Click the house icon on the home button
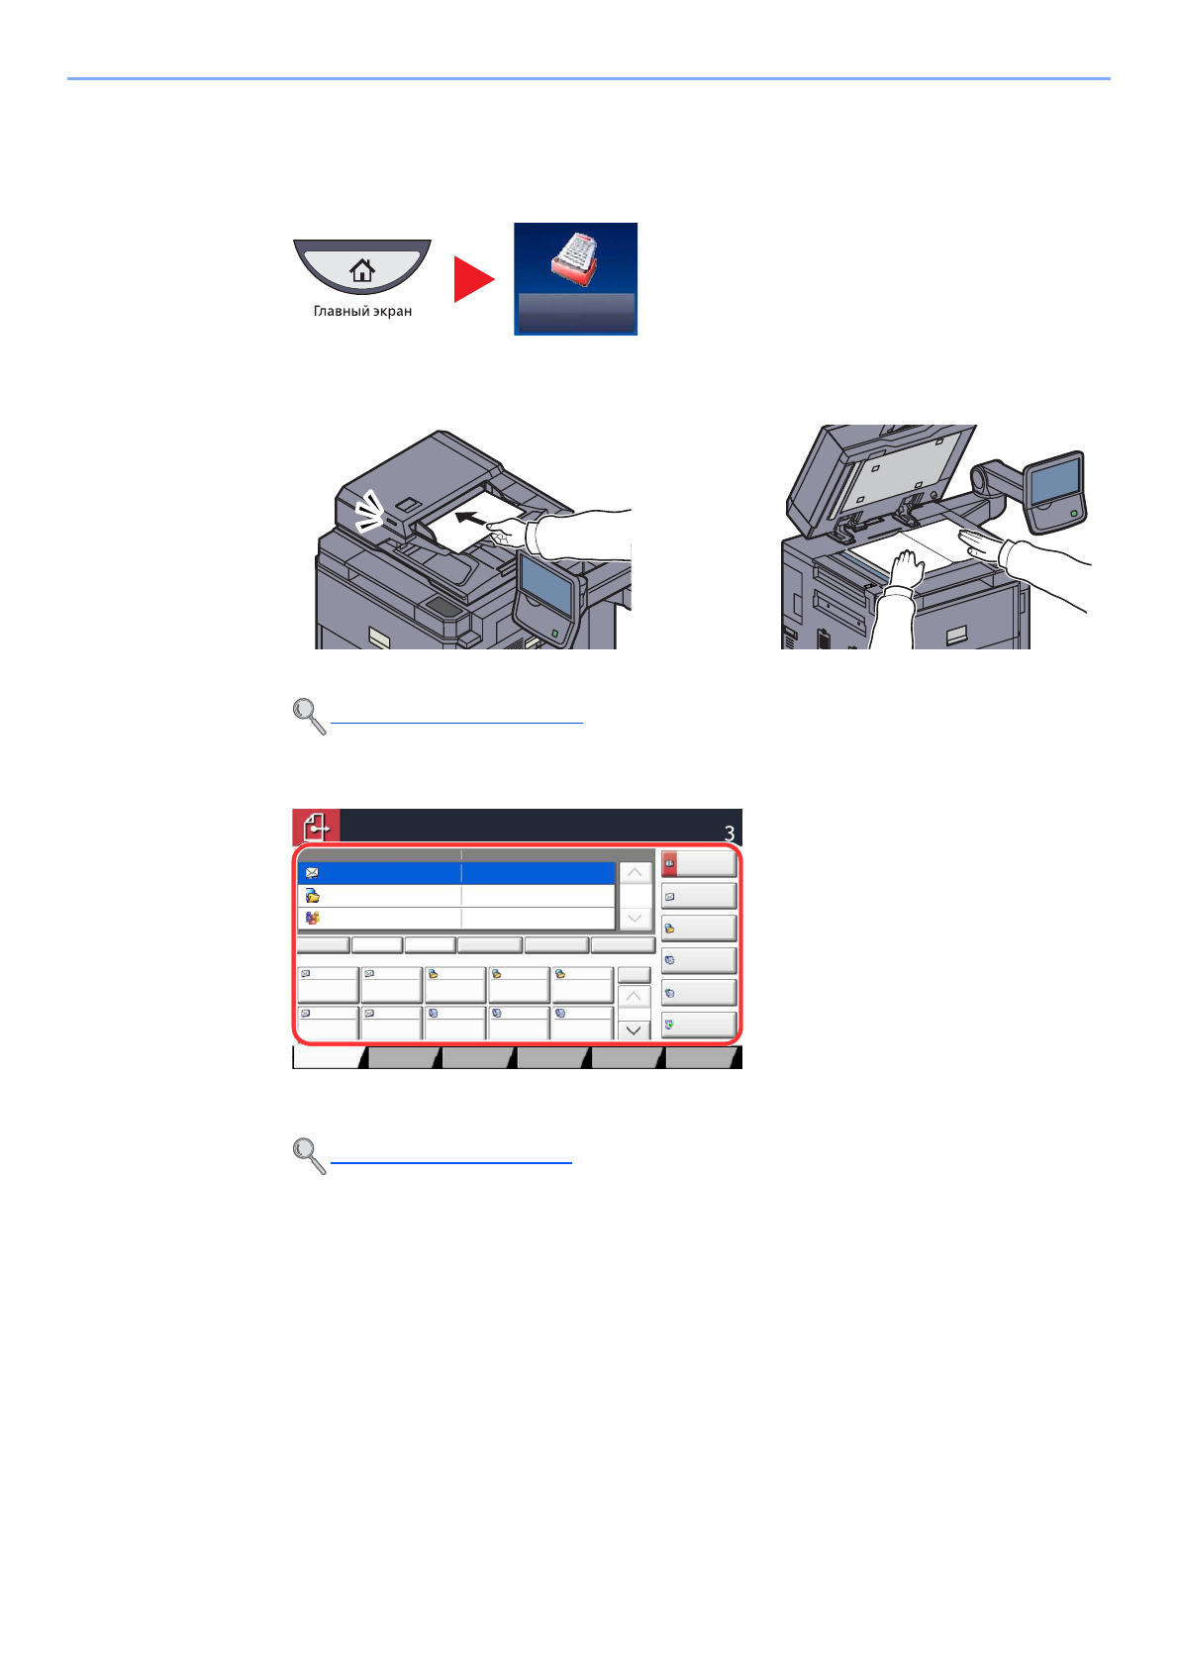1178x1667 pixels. pyautogui.click(x=362, y=269)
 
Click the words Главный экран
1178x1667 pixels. pyautogui.click(x=362, y=311)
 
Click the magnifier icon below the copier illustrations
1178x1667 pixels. pyautogui.click(x=309, y=716)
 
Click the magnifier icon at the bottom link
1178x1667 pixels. pyautogui.click(x=309, y=1155)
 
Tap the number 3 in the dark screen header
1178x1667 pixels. pyautogui.click(x=730, y=833)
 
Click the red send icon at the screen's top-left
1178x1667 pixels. pyautogui.click(x=316, y=827)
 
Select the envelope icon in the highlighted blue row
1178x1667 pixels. pyautogui.click(x=312, y=873)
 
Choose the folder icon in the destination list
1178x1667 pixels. pyautogui.click(x=312, y=896)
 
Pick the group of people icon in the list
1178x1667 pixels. pyautogui.click(x=312, y=919)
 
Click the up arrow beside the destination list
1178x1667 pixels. pyautogui.click(x=634, y=872)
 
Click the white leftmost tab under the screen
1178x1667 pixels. pyautogui.click(x=329, y=1057)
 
